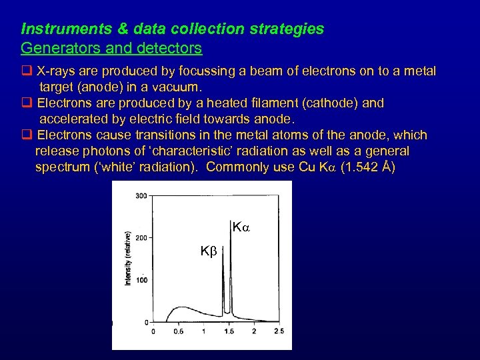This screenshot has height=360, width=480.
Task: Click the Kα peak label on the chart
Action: [240, 228]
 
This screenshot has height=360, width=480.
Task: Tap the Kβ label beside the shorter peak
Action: [208, 251]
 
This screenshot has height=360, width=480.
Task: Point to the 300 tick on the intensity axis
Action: [141, 196]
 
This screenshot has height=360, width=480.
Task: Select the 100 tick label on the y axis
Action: [141, 280]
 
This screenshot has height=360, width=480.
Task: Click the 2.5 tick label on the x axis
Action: [278, 331]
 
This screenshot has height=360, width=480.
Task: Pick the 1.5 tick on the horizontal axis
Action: [229, 331]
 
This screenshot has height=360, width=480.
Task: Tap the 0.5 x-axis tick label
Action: [179, 331]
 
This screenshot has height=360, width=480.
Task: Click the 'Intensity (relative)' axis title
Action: [127, 259]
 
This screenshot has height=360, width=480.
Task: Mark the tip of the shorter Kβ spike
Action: [223, 245]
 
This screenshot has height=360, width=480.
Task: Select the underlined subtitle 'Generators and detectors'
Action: [111, 49]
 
